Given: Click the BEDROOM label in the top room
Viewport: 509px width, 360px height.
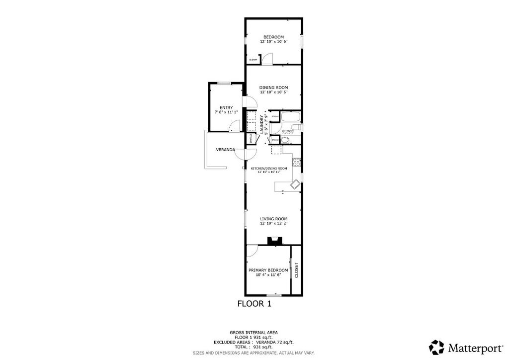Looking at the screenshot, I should coord(273,37).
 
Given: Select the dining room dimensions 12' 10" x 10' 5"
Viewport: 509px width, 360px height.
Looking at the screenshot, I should coord(273,92).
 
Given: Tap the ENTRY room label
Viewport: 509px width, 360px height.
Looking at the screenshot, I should coord(226,107).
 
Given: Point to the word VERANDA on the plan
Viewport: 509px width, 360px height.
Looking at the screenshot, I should coord(225,150).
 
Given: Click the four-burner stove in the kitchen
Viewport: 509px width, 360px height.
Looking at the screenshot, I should coord(296,162).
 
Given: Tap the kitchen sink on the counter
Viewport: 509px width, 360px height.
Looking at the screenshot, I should coord(294,184).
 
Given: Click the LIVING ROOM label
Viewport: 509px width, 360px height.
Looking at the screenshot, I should coord(273,219).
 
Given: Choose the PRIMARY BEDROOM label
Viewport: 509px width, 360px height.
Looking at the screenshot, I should coord(268,270).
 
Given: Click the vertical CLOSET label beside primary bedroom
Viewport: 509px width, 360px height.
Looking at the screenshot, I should coord(297,270).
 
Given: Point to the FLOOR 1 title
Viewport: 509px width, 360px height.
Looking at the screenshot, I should coord(254,303).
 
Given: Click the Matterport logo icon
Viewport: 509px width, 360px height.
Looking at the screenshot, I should coord(437,347).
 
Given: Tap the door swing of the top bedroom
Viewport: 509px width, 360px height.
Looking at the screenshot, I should coord(267,59).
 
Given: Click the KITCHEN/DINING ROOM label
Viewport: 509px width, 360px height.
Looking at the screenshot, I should coord(269,169).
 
